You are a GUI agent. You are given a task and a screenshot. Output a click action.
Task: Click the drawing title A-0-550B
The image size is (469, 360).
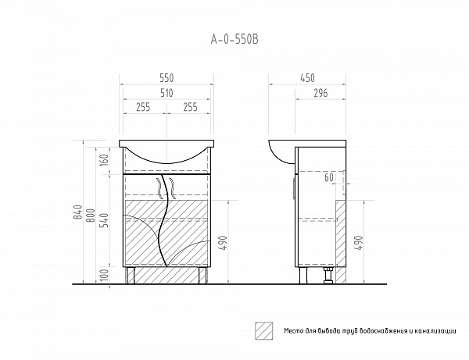(x=234, y=39)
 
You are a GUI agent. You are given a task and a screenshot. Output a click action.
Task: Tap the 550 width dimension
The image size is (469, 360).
(x=166, y=78)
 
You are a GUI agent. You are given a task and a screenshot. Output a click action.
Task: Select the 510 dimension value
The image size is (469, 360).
(x=166, y=93)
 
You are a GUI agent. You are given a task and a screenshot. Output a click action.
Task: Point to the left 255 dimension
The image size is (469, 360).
(x=143, y=107)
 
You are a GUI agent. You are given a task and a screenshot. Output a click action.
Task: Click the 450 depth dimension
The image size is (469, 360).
(x=307, y=78)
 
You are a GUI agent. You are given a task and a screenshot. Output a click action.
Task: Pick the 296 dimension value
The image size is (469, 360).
(x=320, y=93)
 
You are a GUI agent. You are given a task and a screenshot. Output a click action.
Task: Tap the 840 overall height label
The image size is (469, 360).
(x=77, y=212)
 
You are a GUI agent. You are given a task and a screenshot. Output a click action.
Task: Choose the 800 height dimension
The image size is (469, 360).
(x=91, y=215)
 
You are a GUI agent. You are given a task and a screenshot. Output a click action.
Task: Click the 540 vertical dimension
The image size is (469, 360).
(x=104, y=220)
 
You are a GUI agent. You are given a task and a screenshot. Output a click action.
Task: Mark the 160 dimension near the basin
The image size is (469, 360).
(x=104, y=160)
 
